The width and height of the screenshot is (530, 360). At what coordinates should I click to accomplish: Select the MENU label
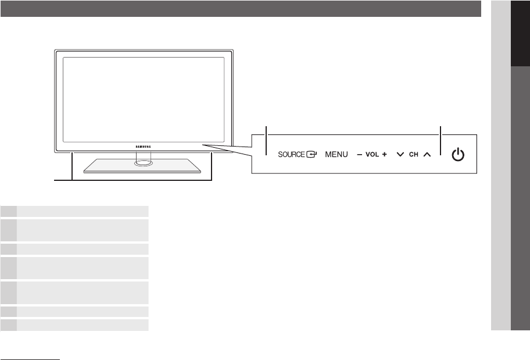pos(336,155)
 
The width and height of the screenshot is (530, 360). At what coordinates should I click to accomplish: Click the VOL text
pos(372,155)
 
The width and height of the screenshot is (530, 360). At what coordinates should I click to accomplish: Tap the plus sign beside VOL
pos(385,155)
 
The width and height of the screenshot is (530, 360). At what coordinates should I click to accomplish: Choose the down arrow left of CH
pos(400,155)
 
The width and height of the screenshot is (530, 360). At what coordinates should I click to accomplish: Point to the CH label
pos(414,155)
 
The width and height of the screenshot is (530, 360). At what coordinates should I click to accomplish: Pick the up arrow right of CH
pos(427,155)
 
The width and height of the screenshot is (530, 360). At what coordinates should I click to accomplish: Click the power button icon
pos(459,155)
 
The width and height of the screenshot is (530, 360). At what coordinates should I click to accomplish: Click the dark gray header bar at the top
pos(241,9)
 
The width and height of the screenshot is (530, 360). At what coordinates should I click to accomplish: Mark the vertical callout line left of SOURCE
pos(266,141)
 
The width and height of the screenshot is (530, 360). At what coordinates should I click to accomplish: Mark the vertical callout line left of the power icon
pos(441,141)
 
